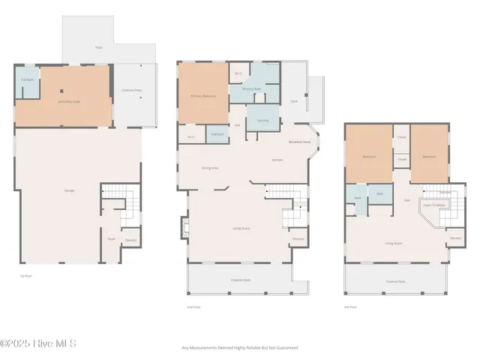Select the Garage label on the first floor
tap(69, 190)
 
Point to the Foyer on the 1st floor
tap(111, 239)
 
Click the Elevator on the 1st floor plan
tap(130, 239)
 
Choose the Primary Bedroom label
tap(203, 97)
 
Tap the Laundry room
tap(262, 120)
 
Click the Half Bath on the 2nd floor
tap(217, 133)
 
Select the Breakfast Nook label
tap(300, 142)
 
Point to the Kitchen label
tap(277, 160)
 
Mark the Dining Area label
tap(210, 168)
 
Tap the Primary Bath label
tap(251, 89)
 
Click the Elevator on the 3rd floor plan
tap(454, 238)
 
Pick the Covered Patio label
tap(132, 91)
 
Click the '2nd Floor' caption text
tap(194, 307)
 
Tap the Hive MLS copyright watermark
tap(39, 344)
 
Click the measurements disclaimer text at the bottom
tap(240, 348)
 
